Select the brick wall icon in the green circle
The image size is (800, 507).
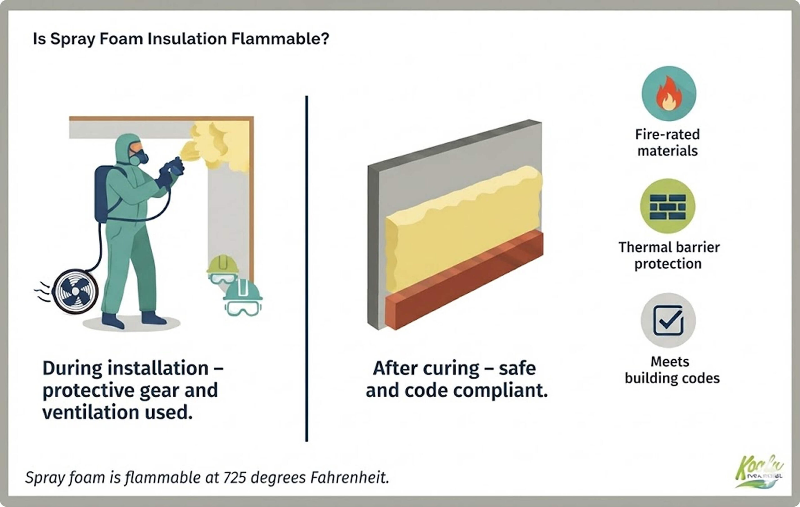pos(668,206)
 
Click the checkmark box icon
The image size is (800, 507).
pos(668,320)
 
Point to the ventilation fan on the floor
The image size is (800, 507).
pos(75,292)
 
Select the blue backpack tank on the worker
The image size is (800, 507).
pos(103,193)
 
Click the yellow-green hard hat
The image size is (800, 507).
pos(222,264)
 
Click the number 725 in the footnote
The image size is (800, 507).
pos(235,478)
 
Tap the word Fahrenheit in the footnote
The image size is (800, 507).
pos(349,478)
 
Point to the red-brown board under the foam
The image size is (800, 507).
pos(465,283)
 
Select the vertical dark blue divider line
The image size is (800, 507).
pos(306,266)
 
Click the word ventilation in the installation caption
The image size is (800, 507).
pos(90,413)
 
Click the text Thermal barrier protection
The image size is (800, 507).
pos(668,255)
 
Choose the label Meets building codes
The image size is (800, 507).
pos(672,370)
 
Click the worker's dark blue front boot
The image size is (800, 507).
pos(153,318)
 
